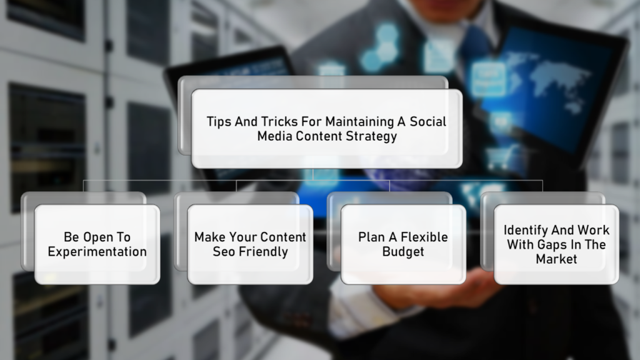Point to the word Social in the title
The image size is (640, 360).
pos(427,122)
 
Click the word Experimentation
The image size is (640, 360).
pos(97,252)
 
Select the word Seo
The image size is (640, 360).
pos(224,252)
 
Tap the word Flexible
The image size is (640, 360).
pos(424,237)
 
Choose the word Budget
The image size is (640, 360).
pos(403,252)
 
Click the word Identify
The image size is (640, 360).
pos(525,231)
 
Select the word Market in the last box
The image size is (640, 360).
pos(556,259)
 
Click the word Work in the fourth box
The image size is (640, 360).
pos(594,230)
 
